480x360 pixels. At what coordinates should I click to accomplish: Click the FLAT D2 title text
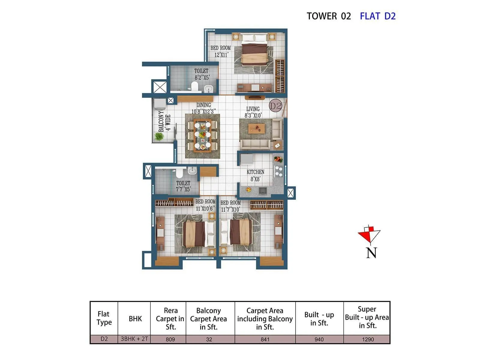click(x=377, y=16)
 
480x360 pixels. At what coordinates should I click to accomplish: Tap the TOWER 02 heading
click(x=328, y=16)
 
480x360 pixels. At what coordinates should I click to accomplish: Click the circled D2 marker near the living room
click(x=275, y=106)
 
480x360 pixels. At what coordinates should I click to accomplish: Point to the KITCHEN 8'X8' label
click(x=255, y=175)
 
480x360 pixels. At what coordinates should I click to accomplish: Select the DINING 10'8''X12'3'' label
click(x=203, y=108)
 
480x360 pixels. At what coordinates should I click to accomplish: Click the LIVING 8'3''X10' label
click(x=253, y=112)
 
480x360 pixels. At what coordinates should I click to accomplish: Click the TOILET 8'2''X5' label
click(x=201, y=74)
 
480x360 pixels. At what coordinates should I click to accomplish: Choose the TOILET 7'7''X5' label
click(x=183, y=186)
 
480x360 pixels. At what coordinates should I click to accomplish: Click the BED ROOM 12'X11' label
click(x=220, y=51)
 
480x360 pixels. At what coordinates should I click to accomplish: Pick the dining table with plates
click(x=202, y=136)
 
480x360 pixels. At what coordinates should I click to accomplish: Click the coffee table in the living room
click(x=256, y=129)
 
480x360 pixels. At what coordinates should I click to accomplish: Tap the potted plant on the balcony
click(x=159, y=136)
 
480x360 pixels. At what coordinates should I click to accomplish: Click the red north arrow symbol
click(x=369, y=234)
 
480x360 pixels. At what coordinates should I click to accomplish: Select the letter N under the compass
click(x=371, y=253)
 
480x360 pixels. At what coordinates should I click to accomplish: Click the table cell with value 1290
click(x=367, y=339)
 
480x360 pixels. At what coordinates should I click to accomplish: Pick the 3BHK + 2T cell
click(x=134, y=339)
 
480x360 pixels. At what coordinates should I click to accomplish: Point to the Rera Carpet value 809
click(x=170, y=339)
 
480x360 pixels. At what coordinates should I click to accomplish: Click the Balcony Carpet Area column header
click(x=208, y=319)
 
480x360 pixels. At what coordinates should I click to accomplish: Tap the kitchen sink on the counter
click(x=262, y=190)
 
